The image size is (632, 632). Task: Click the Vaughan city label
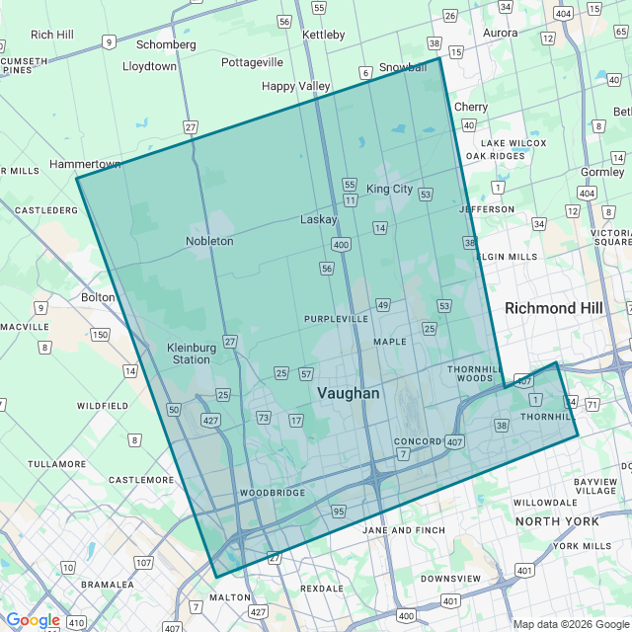348,393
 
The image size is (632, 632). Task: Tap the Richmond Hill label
553,308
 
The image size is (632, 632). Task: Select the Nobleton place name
209,241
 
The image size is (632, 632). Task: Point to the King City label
389,189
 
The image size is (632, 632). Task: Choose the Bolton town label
98,296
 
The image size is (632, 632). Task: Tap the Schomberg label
166,44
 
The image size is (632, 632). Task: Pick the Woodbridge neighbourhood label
273,492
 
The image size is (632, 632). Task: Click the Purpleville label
336,319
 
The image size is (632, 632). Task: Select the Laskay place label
319,219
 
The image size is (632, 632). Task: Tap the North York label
557,520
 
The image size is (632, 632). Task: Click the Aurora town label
500,33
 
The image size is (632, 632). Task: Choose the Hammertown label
85,164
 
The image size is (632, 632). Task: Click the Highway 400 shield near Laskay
342,244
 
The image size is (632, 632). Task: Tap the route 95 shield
339,511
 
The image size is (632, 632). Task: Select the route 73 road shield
263,418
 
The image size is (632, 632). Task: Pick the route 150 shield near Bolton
100,335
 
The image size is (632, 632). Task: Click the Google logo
33,620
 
